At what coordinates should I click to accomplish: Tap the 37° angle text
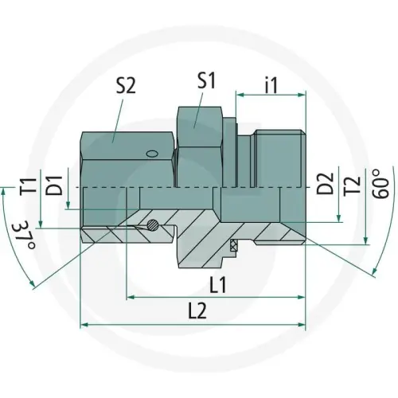[x=25, y=236]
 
